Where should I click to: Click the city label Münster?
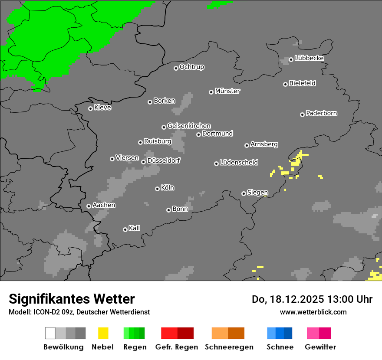pyautogui.click(x=227, y=91)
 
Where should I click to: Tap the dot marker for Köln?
pyautogui.click(x=157, y=189)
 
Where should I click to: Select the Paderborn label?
pyautogui.click(x=321, y=113)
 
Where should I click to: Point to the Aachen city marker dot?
pyautogui.click(x=89, y=206)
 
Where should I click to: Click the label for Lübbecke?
pyautogui.click(x=309, y=58)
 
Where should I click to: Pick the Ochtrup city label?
pyautogui.click(x=191, y=67)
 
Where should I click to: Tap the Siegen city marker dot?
pyautogui.click(x=244, y=193)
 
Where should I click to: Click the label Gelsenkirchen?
pyautogui.click(x=189, y=126)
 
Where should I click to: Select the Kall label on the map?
pyautogui.click(x=134, y=228)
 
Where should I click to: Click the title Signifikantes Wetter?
pyautogui.click(x=72, y=299)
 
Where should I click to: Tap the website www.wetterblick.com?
pyautogui.click(x=313, y=312)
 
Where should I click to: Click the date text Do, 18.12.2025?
pyautogui.click(x=292, y=299)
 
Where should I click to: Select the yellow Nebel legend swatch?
pyautogui.click(x=103, y=333)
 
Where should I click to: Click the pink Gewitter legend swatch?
pyautogui.click(x=319, y=333)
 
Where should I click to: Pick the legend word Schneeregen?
pyautogui.click(x=229, y=347)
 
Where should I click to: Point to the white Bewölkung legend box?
pyautogui.click(x=50, y=333)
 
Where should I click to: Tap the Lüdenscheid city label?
pyautogui.click(x=239, y=163)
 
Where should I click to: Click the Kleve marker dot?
pyautogui.click(x=90, y=108)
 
